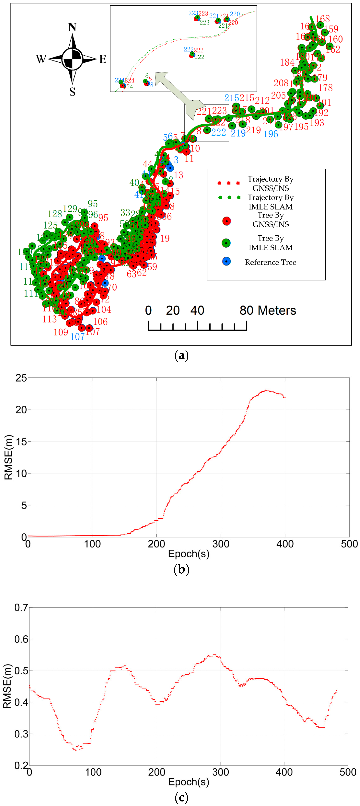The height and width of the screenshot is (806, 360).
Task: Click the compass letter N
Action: [x=72, y=27]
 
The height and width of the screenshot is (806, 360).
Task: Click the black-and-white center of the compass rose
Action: [x=72, y=59]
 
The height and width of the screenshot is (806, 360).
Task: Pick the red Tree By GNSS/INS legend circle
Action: [x=226, y=221]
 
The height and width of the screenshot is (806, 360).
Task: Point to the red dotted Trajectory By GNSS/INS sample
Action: [x=229, y=183]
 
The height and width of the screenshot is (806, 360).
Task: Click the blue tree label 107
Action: [x=77, y=337]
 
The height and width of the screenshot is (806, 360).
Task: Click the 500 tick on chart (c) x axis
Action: [x=348, y=772]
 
